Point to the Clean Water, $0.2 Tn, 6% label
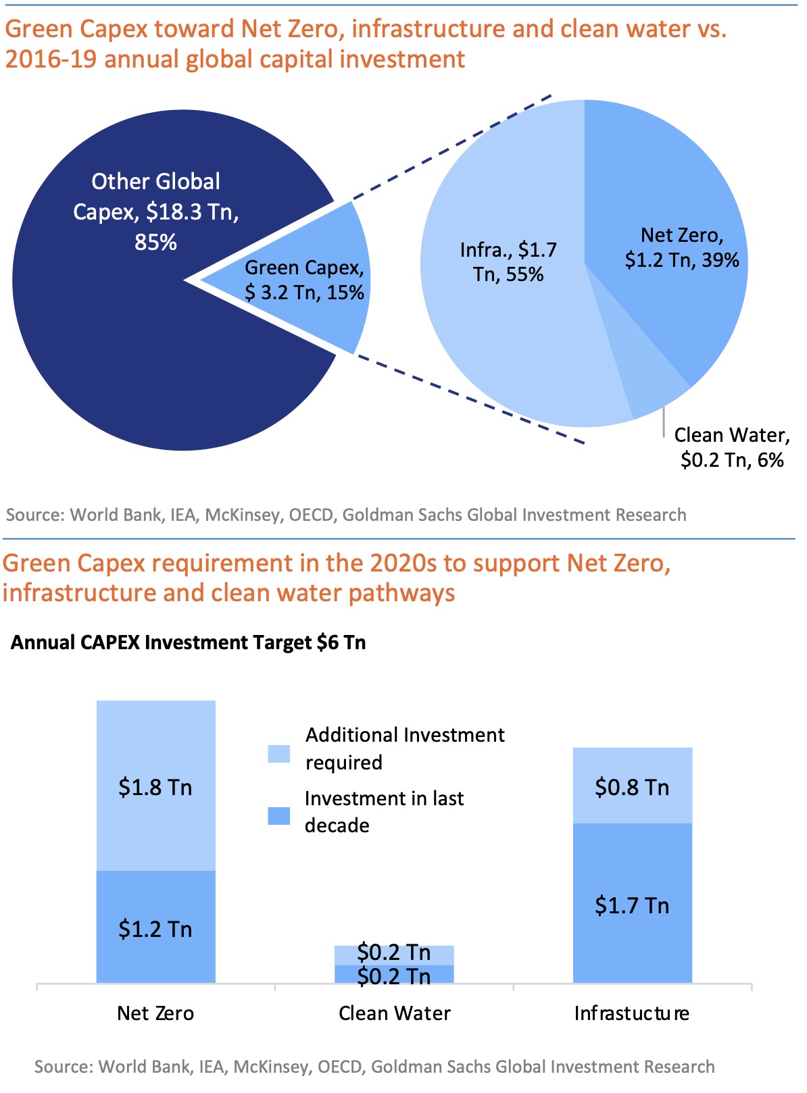pos(732,447)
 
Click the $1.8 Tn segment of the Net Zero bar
pos(155,787)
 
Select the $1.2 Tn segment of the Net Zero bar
pos(155,928)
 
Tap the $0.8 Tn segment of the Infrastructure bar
pos(632,786)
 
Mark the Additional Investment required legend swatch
pos(279,753)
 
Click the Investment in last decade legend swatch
pos(279,816)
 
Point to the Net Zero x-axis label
pos(155,1013)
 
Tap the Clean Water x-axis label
pos(394,1013)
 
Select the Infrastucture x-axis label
pos(632,1013)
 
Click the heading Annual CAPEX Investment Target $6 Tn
pos(188,642)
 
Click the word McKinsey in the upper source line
pos(243,515)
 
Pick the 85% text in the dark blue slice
pos(155,242)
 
